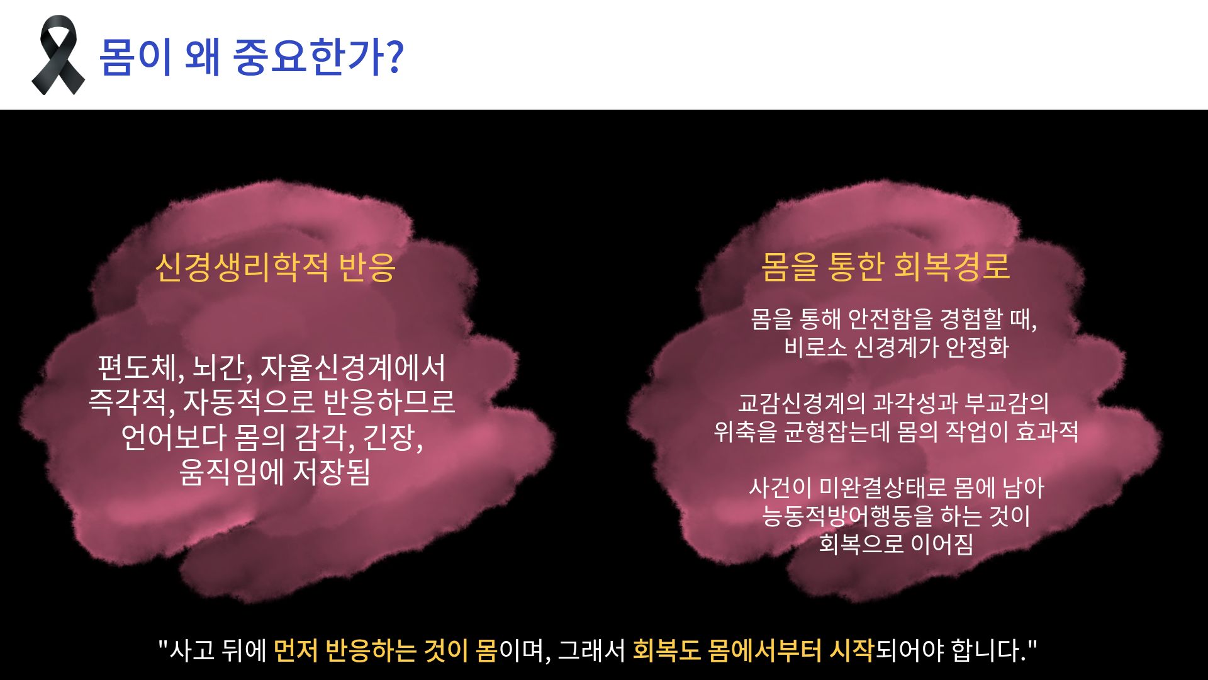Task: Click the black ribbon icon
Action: click(58, 55)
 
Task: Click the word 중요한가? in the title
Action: click(318, 57)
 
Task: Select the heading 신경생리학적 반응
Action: click(275, 267)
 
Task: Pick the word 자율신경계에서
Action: click(353, 368)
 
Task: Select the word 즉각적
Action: click(131, 402)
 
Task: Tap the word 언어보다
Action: click(173, 437)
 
